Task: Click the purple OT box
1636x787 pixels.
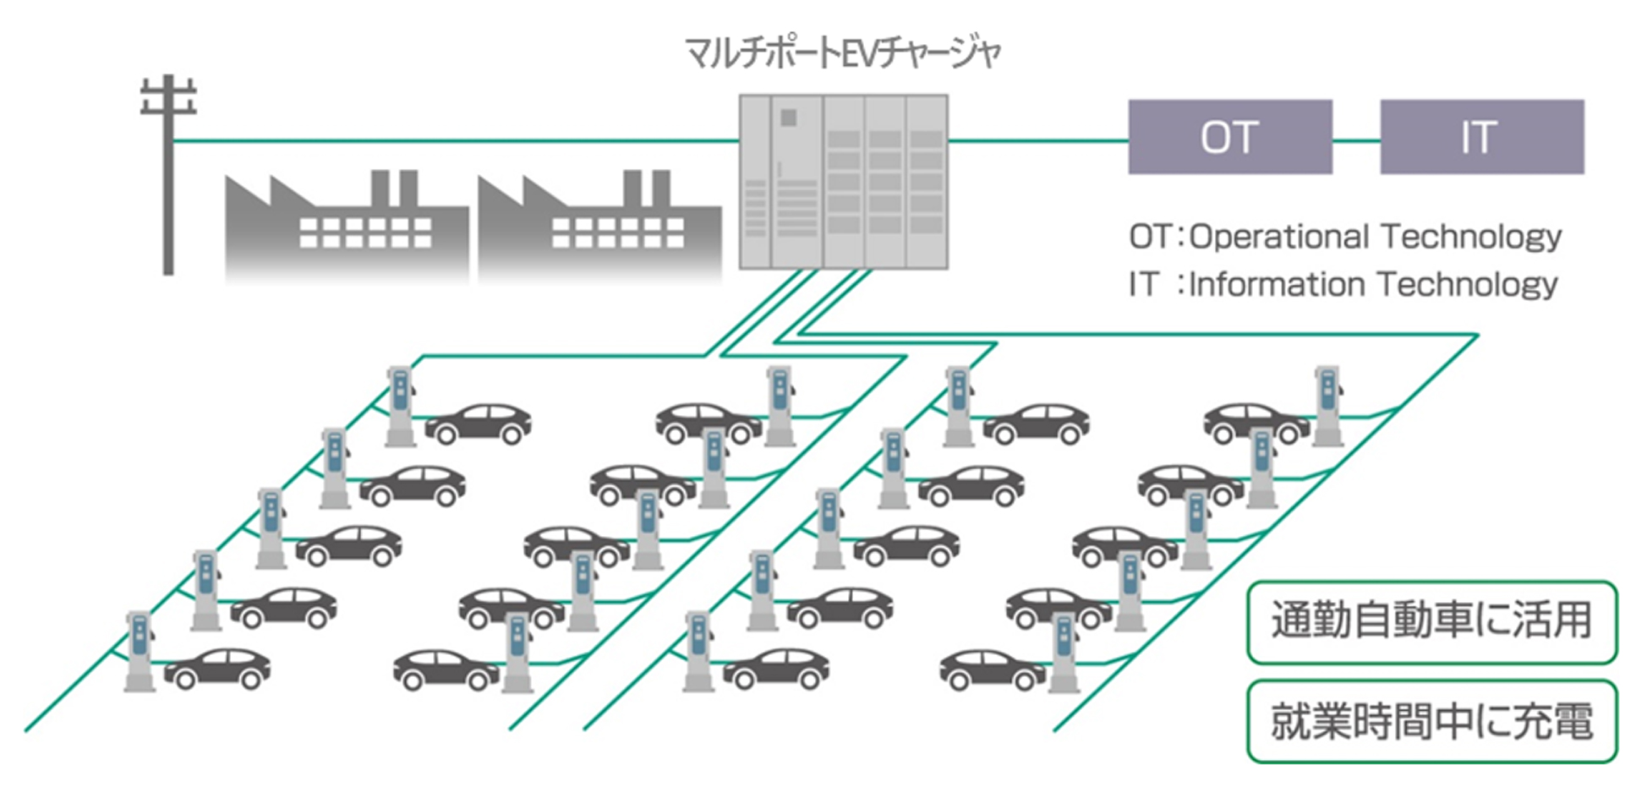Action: coord(1229,137)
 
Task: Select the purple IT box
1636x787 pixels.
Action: coord(1481,137)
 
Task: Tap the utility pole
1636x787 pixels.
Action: coord(168,186)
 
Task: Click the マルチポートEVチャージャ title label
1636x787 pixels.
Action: coord(843,53)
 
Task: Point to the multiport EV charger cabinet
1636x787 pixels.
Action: coord(843,182)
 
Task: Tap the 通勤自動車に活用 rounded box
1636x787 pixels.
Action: coord(1431,621)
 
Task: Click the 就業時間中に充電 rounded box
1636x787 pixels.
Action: coord(1431,721)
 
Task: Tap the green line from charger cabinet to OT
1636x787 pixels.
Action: coord(1037,140)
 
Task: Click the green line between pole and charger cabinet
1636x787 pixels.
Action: coord(457,140)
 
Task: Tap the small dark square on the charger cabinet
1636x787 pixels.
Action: coord(788,118)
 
